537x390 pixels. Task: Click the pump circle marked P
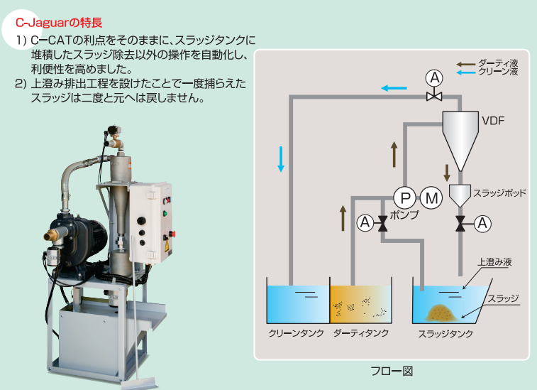tap(405, 197)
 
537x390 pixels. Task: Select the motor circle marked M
tap(431, 197)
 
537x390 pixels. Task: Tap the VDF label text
tap(493, 121)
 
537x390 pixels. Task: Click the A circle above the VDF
tap(434, 78)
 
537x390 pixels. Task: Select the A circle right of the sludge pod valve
tap(482, 224)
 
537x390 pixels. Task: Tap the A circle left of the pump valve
tap(365, 223)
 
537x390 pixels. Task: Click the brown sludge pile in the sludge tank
tap(442, 313)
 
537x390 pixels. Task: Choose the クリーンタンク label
tap(297, 333)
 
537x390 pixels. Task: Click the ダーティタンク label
tap(361, 333)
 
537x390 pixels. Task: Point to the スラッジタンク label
tap(445, 334)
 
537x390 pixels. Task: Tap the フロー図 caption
tap(392, 371)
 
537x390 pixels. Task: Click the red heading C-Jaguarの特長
tap(59, 23)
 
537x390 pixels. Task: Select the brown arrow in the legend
tap(466, 64)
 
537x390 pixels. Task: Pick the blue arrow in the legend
tap(466, 72)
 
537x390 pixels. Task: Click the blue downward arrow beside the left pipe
tap(281, 159)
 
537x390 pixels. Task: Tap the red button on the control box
tap(172, 234)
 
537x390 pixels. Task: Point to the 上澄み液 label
tap(495, 262)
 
